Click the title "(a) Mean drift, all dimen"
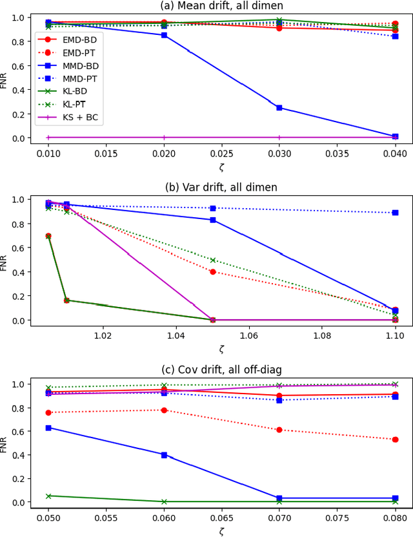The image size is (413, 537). click(x=221, y=6)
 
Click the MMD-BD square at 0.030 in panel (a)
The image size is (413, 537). click(x=279, y=107)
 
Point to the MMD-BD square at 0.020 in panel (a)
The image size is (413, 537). click(x=164, y=35)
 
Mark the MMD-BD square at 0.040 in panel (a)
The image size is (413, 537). click(x=395, y=136)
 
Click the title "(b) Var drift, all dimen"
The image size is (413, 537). click(x=221, y=188)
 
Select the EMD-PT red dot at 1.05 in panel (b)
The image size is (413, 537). click(x=213, y=271)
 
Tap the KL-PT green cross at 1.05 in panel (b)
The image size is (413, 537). click(x=213, y=260)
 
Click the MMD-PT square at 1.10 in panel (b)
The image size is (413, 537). click(x=395, y=213)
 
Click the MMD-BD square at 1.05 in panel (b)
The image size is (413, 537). click(x=213, y=220)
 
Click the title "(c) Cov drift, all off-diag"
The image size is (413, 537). click(x=221, y=370)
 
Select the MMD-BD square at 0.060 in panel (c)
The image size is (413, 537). click(x=164, y=455)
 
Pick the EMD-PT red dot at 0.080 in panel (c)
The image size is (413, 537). click(x=395, y=439)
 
